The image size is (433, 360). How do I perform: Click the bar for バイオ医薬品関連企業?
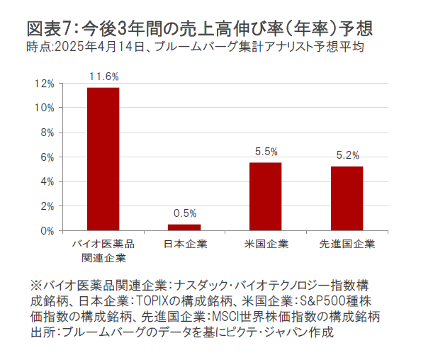click(103, 159)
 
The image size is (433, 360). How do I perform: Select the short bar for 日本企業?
click(184, 227)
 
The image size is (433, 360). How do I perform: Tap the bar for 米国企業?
click(265, 196)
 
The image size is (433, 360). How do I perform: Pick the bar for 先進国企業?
click(347, 198)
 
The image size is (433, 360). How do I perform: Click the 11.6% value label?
click(103, 76)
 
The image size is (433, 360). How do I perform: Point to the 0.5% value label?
click(184, 213)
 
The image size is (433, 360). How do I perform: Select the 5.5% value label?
click(266, 151)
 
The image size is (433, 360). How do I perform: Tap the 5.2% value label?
click(347, 155)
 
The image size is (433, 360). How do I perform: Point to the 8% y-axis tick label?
click(46, 133)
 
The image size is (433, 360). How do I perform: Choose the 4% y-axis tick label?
click(46, 181)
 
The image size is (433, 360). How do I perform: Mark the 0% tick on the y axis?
click(46, 230)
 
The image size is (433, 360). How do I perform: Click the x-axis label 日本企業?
click(184, 244)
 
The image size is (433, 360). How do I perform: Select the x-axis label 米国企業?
click(266, 244)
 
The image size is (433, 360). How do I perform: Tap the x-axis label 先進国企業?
click(347, 244)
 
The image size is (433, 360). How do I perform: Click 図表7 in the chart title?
click(49, 29)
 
